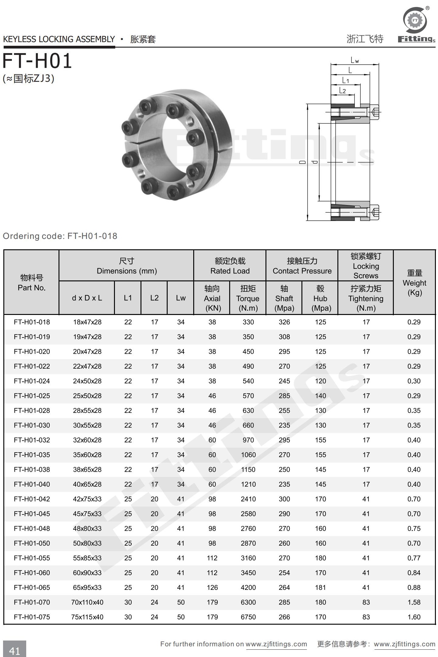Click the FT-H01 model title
point(37,61)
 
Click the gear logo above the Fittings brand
point(415,20)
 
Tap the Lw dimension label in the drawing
point(354,60)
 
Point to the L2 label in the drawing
point(343,91)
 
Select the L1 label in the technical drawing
point(345,80)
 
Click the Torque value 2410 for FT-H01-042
point(248,499)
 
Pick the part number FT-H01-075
point(32,617)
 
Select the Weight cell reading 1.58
point(414,602)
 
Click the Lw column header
point(180,298)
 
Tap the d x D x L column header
point(87,298)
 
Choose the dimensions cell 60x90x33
point(87,573)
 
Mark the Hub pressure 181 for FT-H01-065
point(320,587)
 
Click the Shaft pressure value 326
point(284,322)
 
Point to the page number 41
point(14,651)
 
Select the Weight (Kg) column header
point(414,283)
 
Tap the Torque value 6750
point(248,617)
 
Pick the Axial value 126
point(212,587)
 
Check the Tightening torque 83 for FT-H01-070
point(366,602)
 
